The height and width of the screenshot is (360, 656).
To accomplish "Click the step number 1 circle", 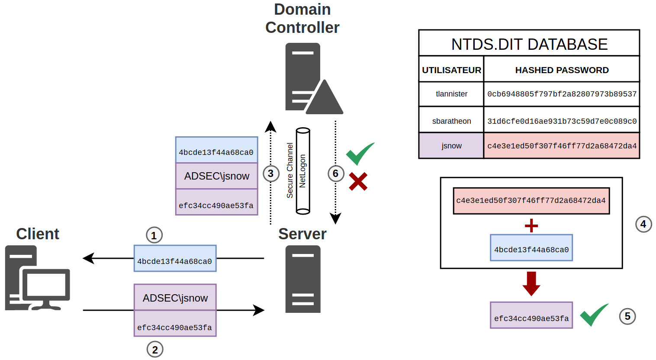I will tap(154, 235).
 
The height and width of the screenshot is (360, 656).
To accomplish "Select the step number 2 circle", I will tap(155, 349).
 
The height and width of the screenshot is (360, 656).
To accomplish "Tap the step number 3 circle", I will tap(271, 174).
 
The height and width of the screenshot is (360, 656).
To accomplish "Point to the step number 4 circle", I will tap(643, 224).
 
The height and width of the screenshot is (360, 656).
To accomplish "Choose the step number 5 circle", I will tap(627, 316).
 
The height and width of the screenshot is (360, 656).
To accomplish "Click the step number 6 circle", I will tap(335, 174).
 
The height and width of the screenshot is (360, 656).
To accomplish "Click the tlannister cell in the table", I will tap(451, 94).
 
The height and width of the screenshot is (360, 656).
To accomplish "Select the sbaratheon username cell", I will tap(451, 121).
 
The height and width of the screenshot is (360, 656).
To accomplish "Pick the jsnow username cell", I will tap(451, 146).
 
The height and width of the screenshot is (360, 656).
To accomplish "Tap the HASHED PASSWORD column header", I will tap(562, 70).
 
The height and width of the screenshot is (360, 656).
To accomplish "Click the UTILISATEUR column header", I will tap(451, 70).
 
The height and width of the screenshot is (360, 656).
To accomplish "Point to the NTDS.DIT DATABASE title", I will tap(529, 44).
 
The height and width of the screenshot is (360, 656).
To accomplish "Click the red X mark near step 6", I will tap(358, 182).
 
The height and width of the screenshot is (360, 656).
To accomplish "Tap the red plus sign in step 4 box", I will tap(531, 225).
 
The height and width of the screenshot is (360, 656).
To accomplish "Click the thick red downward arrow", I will tap(531, 283).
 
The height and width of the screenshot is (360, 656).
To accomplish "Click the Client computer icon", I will tap(37, 278).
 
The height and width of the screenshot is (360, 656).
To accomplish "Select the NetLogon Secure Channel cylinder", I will tap(303, 171).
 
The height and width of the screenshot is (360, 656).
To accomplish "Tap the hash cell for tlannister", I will tap(562, 94).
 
